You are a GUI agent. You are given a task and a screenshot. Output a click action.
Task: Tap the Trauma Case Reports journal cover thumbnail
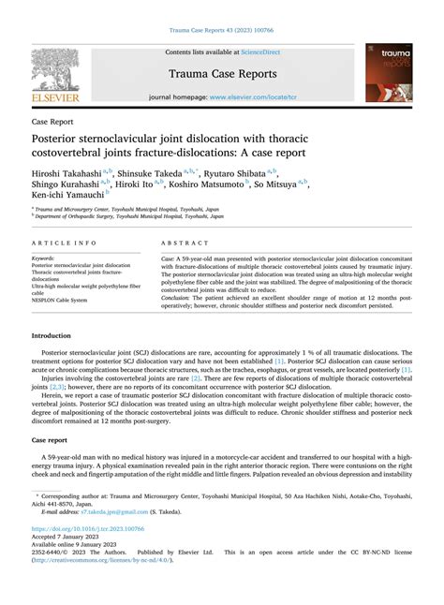click(x=388, y=72)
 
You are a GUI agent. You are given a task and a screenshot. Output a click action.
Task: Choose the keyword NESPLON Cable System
click(x=59, y=301)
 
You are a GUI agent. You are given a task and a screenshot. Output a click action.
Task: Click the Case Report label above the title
click(x=54, y=122)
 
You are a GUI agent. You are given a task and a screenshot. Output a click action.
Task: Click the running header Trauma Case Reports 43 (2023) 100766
click(x=221, y=31)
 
